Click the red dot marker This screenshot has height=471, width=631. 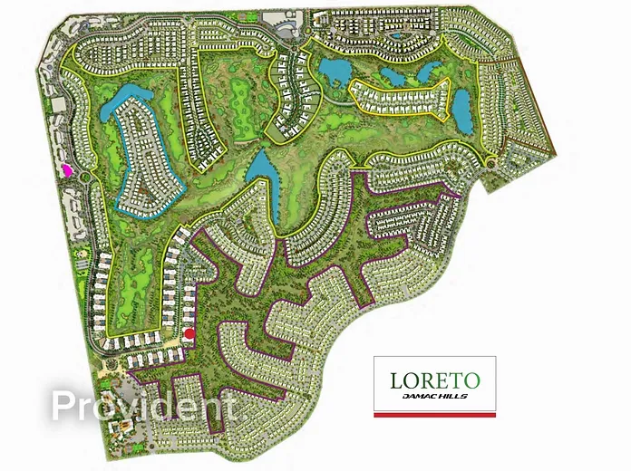189,333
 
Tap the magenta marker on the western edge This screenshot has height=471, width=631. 65,168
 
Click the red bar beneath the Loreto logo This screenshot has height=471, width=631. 435,414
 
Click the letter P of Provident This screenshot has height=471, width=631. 64,406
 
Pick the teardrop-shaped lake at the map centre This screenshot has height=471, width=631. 260,167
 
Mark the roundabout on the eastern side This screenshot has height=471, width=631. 490,162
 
